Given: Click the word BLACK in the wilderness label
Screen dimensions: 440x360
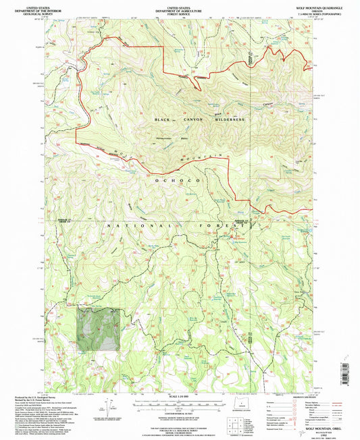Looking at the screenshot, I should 163,119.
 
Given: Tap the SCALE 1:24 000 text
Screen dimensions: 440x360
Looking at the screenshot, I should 178,396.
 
